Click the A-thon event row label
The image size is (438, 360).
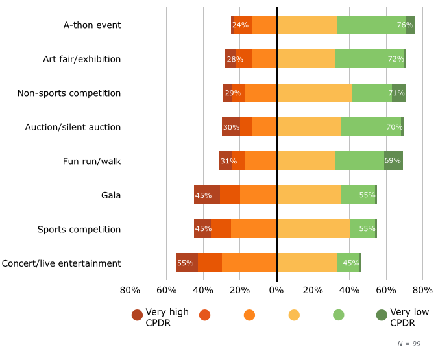point(92,25)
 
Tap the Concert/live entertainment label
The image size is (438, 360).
point(61,263)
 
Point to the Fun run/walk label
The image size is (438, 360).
point(91,162)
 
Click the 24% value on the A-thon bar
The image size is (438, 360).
point(240,25)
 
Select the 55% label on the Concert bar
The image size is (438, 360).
point(185,263)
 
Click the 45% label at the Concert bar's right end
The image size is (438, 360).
point(351,263)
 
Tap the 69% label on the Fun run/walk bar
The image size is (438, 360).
point(393,162)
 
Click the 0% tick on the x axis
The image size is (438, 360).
point(276,290)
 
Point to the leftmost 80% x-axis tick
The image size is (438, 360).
point(130,290)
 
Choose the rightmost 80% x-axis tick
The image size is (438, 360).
point(423,290)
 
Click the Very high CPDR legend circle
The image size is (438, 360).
point(137,315)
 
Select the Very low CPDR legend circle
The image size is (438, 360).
point(382,315)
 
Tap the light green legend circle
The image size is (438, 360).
point(338,315)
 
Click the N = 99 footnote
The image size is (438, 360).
point(409,344)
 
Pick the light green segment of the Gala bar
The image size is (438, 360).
point(358,195)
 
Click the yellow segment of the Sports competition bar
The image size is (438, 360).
point(313,230)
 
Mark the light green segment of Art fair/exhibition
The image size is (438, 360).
point(369,59)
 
